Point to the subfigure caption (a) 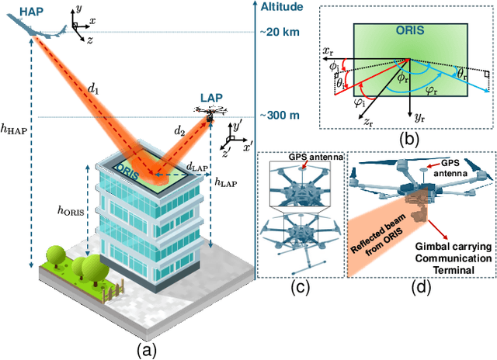point(148,350)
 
